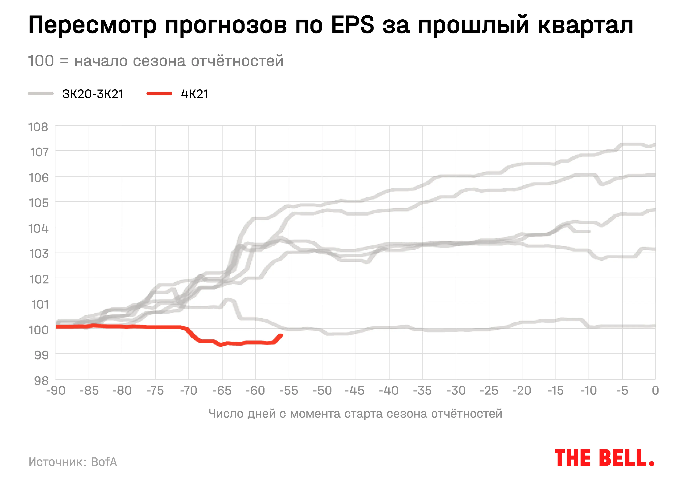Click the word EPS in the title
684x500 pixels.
(x=352, y=25)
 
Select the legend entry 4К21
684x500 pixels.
(x=195, y=94)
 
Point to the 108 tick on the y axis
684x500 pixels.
(x=38, y=127)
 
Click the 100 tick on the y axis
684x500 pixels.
(x=38, y=330)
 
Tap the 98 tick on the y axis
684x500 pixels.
(x=41, y=380)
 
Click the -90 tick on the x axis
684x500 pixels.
(x=56, y=391)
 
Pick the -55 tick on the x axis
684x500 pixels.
(x=289, y=391)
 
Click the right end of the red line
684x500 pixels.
(x=281, y=335)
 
